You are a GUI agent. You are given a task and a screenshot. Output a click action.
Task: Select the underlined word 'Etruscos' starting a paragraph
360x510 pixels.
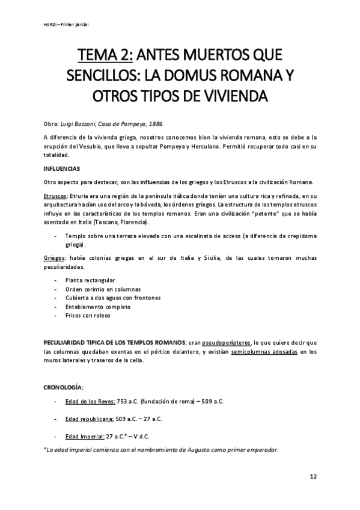55,195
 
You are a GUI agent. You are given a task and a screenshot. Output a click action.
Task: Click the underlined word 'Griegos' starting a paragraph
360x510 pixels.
55,257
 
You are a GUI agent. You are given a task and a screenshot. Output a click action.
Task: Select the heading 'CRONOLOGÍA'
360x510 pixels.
65,385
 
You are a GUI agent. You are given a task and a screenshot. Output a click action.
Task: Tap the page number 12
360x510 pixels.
313,476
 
